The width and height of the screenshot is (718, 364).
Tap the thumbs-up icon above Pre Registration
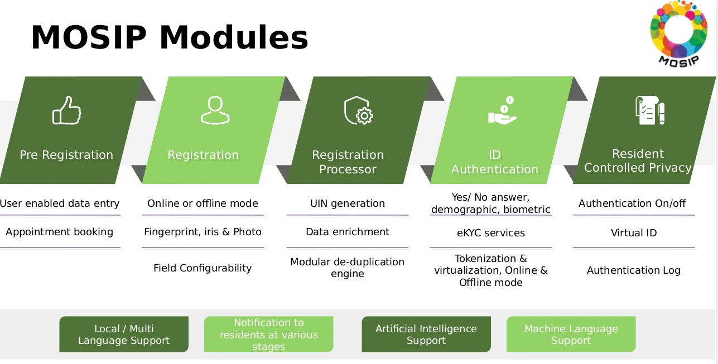point(67,110)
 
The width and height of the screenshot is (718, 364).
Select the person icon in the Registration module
point(215,110)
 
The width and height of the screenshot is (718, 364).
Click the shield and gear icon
point(358,110)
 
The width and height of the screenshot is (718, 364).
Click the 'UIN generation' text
point(348,203)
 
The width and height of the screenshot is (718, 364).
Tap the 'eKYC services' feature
point(491,233)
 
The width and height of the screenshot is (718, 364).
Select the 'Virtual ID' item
point(634,233)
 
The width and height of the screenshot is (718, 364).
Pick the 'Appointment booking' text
point(60,232)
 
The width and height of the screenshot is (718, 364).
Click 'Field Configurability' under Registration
point(203,268)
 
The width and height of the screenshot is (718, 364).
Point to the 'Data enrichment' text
point(348,232)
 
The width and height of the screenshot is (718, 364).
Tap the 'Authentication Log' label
point(634,270)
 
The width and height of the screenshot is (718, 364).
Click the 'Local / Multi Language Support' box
point(124,334)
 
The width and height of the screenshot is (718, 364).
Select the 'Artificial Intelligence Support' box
point(426,334)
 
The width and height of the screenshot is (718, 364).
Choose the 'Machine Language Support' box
point(571,334)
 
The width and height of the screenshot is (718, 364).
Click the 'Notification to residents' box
point(268,334)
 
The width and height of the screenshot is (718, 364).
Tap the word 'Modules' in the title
point(233,38)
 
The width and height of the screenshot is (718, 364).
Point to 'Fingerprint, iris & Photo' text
point(203,232)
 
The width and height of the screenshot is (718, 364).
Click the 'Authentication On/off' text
point(632,203)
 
